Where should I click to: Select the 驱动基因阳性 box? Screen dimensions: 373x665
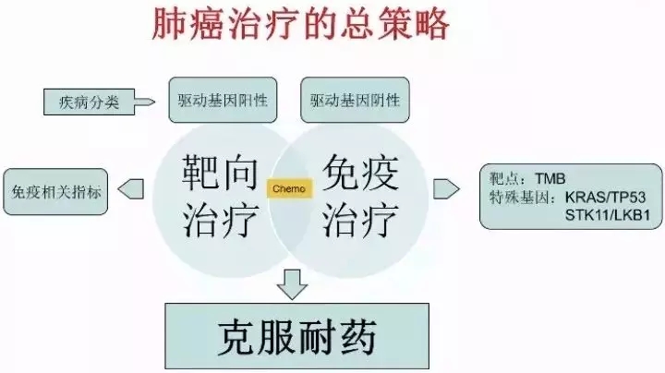[x=223, y=99]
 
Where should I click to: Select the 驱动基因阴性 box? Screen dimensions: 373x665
[x=356, y=99]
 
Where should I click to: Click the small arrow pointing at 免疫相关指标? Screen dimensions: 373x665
[x=132, y=190]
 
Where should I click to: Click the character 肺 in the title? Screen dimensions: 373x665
[x=168, y=25]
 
